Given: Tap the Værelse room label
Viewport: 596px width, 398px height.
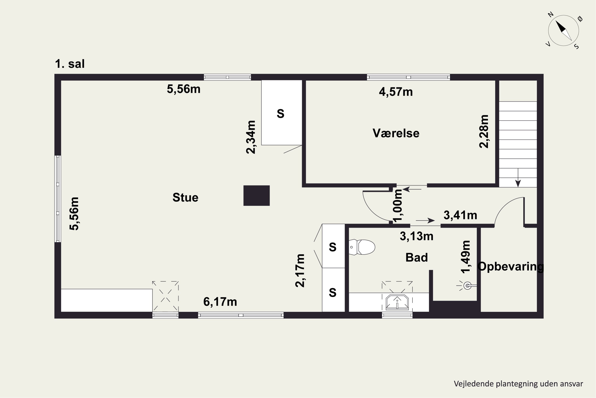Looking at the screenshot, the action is pyautogui.click(x=396, y=133).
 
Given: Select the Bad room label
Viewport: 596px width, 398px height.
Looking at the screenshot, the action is pyautogui.click(x=417, y=257).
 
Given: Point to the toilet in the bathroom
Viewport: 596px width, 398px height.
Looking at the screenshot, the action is pyautogui.click(x=362, y=247).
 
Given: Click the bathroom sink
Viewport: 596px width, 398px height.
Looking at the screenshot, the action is pyautogui.click(x=397, y=302).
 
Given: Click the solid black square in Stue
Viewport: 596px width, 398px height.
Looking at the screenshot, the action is pyautogui.click(x=256, y=195).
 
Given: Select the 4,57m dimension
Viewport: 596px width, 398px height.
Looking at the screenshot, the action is pyautogui.click(x=396, y=92).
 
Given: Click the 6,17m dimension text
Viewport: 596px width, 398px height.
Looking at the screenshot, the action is pyautogui.click(x=220, y=302).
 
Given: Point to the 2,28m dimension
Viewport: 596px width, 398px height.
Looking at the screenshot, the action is pyautogui.click(x=484, y=132).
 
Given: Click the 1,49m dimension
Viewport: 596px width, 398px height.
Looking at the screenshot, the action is pyautogui.click(x=466, y=257).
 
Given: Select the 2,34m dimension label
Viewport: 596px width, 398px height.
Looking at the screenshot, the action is pyautogui.click(x=251, y=137).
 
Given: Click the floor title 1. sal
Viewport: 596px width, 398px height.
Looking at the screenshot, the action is pyautogui.click(x=70, y=64).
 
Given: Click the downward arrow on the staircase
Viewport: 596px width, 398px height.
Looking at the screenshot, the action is pyautogui.click(x=518, y=178).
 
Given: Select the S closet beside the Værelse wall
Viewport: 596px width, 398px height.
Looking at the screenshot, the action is pyautogui.click(x=282, y=113).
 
